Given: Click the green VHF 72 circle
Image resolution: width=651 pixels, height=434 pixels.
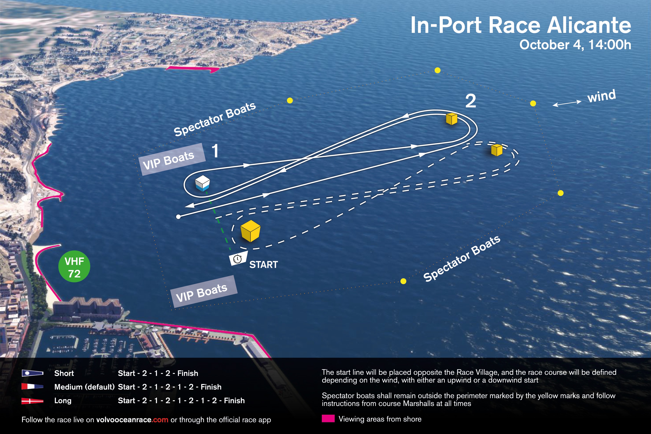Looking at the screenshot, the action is pos(74,267).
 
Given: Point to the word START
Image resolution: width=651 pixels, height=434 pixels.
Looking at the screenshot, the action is pos(264,265).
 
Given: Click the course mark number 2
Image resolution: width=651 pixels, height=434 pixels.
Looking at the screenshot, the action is pos(471,101).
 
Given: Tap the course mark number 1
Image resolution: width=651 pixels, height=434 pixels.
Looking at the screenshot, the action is pos(215,151).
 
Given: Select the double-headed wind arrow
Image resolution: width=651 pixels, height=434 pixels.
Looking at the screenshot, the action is pos(567,103).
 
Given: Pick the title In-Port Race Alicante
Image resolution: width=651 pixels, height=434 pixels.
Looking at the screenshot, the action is pos(521,25).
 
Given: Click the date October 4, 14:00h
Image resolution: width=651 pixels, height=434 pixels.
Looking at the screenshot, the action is pos(575,45).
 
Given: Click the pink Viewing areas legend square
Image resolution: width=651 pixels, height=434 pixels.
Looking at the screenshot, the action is pos(328,419).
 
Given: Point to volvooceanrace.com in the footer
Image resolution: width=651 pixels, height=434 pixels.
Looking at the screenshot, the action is pos(132,420).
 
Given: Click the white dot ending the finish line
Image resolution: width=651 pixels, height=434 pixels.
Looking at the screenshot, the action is pos(178,217).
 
